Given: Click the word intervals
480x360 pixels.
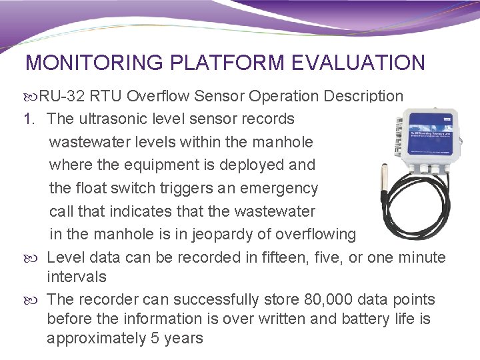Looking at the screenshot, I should pyautogui.click(x=76, y=276).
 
